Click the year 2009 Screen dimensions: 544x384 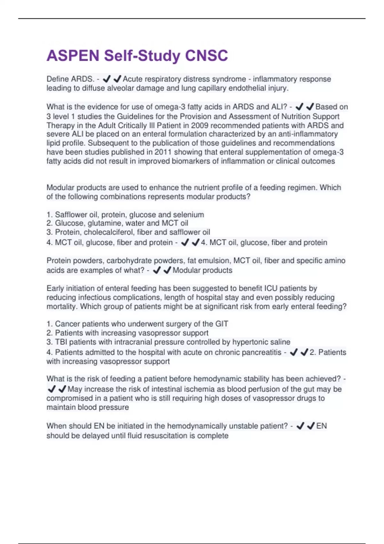coord(200,125)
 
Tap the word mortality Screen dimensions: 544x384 coord(62,307)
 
